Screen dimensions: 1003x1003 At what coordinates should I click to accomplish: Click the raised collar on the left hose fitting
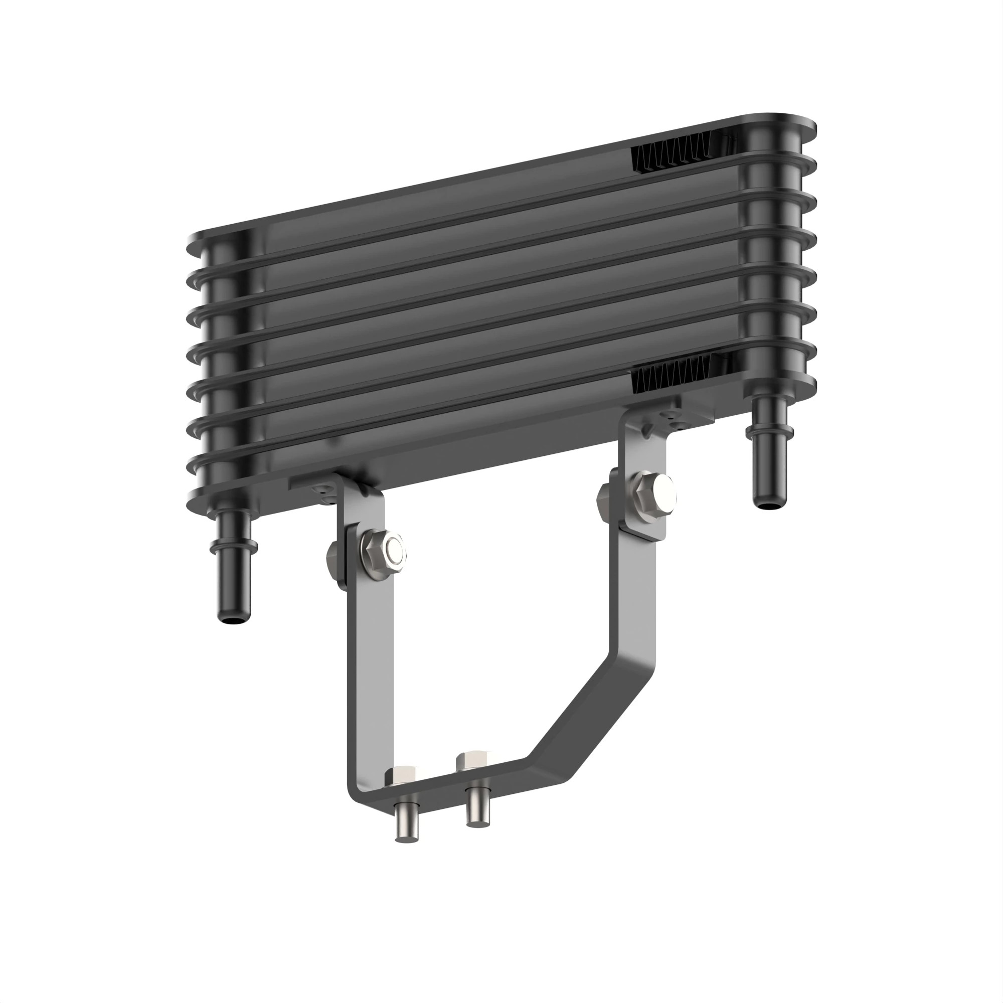233,546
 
